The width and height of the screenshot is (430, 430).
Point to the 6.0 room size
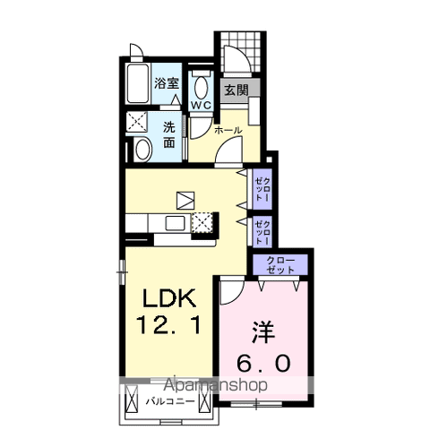264,363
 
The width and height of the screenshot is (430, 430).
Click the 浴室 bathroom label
167,83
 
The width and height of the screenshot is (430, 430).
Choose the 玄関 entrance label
236,90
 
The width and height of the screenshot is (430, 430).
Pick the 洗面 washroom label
168,133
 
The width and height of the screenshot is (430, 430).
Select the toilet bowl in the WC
200,88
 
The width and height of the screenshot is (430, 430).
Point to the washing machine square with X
136,122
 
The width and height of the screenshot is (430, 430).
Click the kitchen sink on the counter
173,222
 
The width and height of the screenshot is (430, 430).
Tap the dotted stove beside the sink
203,221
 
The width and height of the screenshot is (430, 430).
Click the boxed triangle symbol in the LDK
185,199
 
